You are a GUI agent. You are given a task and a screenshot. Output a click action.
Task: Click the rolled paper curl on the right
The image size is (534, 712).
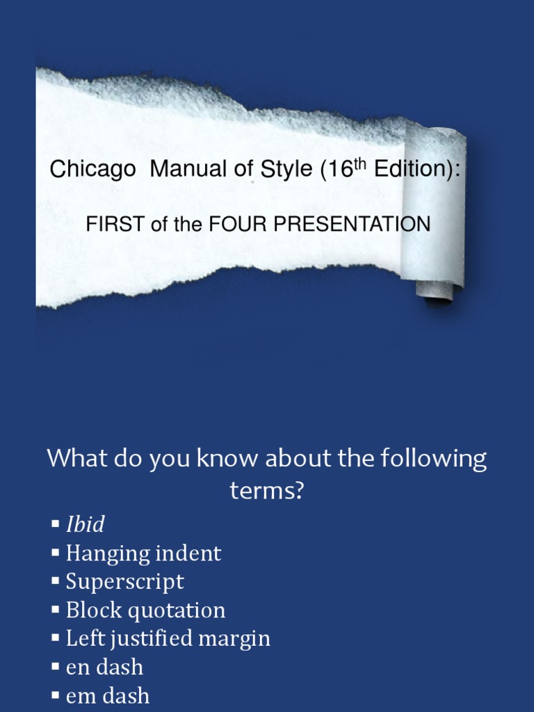tap(435, 209)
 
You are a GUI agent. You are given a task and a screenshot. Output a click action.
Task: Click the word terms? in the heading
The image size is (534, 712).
tap(267, 491)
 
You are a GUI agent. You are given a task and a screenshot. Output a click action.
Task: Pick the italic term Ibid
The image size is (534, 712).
tap(85, 524)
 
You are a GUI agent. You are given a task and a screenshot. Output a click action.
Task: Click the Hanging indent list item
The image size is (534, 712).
tap(143, 553)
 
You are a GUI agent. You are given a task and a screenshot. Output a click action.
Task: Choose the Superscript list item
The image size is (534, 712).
tap(124, 581)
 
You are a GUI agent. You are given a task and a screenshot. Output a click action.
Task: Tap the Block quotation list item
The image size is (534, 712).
tap(145, 610)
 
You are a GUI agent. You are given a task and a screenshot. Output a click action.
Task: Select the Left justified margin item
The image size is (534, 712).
tap(168, 638)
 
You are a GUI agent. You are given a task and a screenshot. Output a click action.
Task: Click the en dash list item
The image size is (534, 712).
tap(104, 667)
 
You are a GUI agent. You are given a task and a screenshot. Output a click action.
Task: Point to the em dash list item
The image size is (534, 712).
tap(107, 695)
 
